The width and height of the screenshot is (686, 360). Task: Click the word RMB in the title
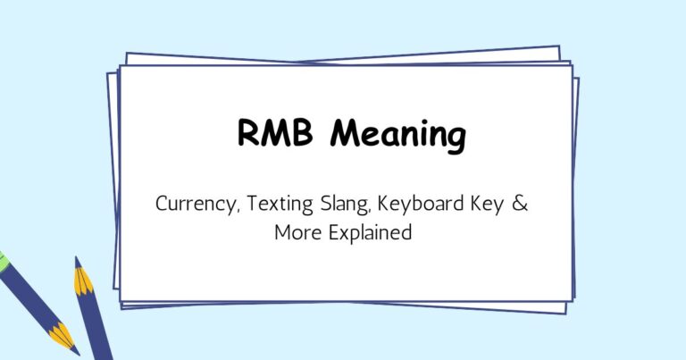pos(274,136)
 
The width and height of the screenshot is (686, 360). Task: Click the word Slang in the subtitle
pos(339,204)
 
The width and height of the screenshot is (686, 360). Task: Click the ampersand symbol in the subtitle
pos(521,203)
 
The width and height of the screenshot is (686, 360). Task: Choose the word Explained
pos(366,234)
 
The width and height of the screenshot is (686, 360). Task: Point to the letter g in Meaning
pos(454,139)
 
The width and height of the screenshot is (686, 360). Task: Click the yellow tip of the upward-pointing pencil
pos(82,280)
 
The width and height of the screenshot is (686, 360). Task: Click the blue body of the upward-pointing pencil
pos(96,327)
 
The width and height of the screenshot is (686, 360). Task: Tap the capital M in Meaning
pos(347,136)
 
